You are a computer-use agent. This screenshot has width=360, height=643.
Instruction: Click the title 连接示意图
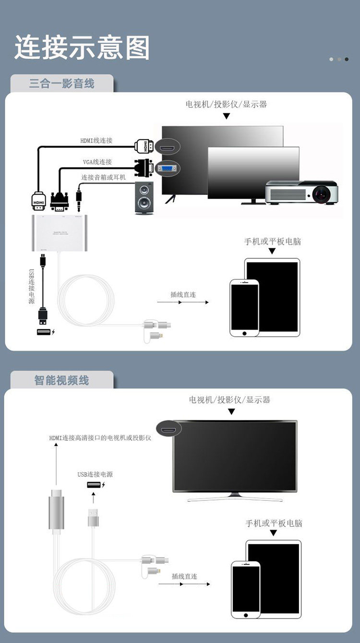tap(82, 48)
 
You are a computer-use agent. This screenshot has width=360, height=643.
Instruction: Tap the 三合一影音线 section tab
tap(62, 84)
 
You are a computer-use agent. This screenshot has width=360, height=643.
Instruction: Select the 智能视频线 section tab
tap(62, 380)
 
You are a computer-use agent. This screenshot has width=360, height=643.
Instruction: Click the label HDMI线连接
tap(96, 141)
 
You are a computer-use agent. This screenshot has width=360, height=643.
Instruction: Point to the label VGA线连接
tap(97, 162)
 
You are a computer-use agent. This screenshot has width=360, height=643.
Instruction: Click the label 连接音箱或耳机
tap(104, 177)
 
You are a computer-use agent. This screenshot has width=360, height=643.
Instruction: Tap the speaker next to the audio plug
tap(144, 198)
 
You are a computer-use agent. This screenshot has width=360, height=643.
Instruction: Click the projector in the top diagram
tap(302, 192)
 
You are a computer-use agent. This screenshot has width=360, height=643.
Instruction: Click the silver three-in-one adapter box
tap(60, 233)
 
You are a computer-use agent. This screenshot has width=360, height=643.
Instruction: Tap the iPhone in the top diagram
tap(244, 307)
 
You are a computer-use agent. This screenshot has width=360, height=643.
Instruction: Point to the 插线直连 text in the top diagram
tap(183, 294)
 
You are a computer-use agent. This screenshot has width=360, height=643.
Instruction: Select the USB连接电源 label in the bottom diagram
tap(95, 474)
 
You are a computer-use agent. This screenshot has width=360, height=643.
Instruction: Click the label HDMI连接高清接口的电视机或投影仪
tap(100, 438)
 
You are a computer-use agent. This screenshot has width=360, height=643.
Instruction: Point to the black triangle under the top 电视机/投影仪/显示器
tap(227, 116)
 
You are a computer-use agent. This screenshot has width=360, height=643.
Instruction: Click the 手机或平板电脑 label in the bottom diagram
tap(274, 523)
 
